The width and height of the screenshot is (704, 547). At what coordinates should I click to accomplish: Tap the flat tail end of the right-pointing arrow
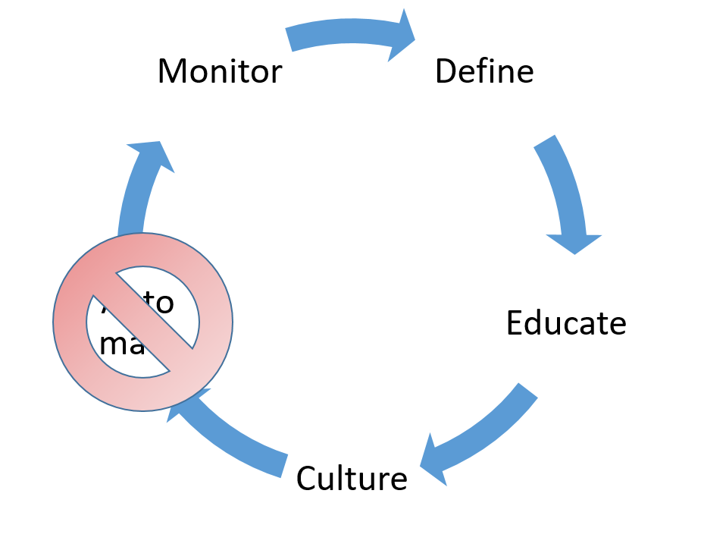[289, 39]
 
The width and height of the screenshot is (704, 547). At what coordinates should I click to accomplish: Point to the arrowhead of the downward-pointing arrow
[574, 241]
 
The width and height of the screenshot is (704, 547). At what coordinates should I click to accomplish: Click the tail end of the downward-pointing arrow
[546, 142]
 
